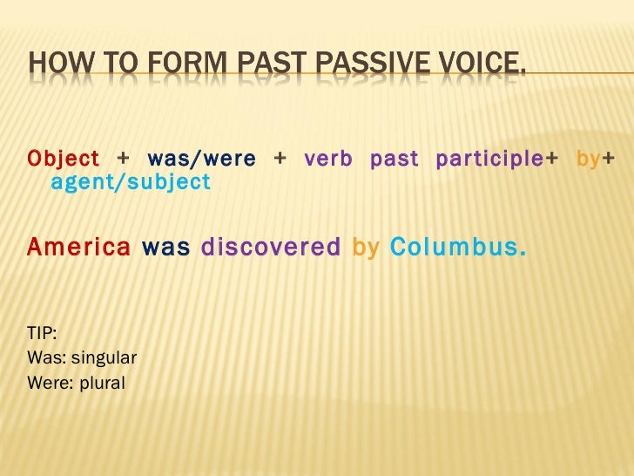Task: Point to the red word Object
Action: [x=64, y=160]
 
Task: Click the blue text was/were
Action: [x=202, y=160]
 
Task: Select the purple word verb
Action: [x=328, y=160]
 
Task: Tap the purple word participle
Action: [x=489, y=160]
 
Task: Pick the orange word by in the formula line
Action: [x=588, y=160]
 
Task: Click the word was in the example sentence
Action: [x=165, y=247]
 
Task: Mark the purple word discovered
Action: [x=271, y=247]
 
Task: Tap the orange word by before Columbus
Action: [x=366, y=248]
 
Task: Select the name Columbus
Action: [x=457, y=247]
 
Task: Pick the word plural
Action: [x=104, y=382]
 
